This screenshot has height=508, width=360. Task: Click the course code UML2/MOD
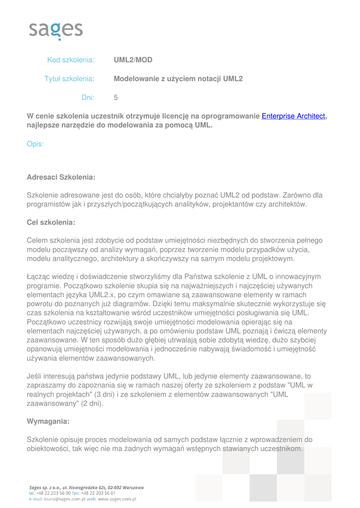[x=133, y=60]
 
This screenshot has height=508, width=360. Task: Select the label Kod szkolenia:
[x=71, y=60]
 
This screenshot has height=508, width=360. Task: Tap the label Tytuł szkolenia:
[x=70, y=78]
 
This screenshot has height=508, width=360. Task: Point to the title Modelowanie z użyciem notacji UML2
[x=178, y=78]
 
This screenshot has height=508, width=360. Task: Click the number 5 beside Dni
[x=116, y=98]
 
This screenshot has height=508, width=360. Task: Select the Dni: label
[x=88, y=98]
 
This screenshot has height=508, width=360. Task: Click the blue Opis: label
[x=35, y=144]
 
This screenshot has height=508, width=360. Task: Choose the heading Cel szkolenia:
[x=51, y=222]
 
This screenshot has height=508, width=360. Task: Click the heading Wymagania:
[x=48, y=421]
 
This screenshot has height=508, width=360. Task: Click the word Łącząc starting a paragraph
[x=39, y=276]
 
